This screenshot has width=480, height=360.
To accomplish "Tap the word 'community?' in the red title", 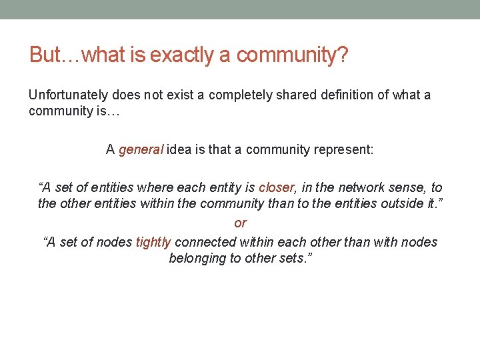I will pyautogui.click(x=292, y=55).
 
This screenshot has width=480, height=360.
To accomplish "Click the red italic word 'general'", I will pyautogui.click(x=141, y=150).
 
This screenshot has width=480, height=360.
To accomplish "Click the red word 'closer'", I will pyautogui.click(x=276, y=188).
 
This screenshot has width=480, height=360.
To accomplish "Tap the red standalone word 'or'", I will pyautogui.click(x=240, y=223).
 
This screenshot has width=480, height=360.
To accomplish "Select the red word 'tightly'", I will pyautogui.click(x=153, y=242).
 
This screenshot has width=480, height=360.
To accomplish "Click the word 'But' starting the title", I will pyautogui.click(x=45, y=55).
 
